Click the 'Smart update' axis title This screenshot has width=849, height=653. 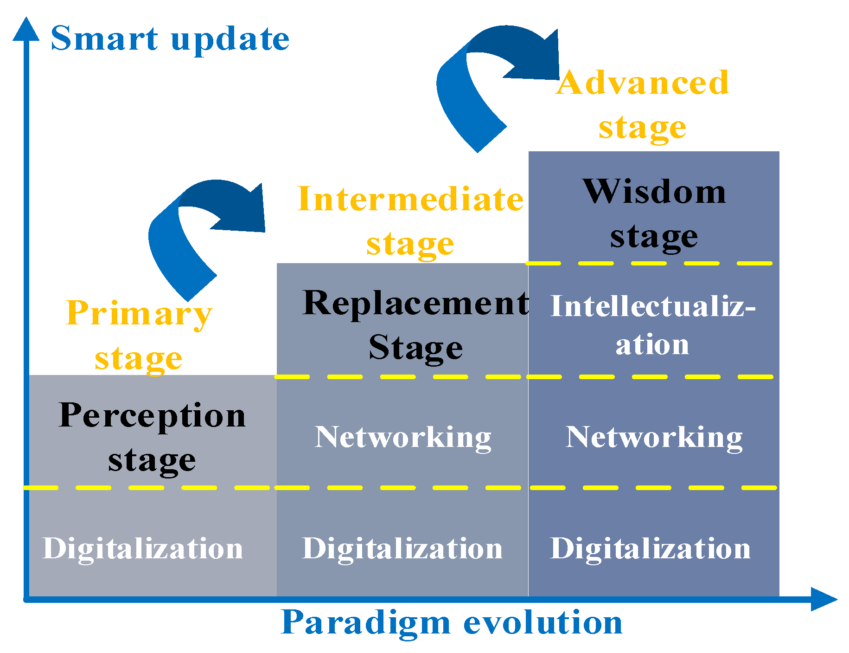point(170,39)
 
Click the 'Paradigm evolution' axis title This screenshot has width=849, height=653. point(452,622)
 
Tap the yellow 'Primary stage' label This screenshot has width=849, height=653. point(139,335)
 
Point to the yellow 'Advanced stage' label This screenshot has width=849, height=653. point(642,105)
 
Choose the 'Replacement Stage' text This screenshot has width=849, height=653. point(415,325)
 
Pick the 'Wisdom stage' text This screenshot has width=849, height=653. point(654,213)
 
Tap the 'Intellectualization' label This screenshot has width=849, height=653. point(653,325)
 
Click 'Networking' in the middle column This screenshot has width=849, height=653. point(403,437)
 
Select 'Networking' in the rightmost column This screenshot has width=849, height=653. point(654,437)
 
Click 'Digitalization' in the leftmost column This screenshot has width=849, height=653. point(143,549)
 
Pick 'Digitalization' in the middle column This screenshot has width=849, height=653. point(402,549)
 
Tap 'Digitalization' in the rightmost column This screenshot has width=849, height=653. point(650,549)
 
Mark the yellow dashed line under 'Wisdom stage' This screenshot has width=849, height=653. point(649,263)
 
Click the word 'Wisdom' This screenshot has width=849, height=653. point(654,191)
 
